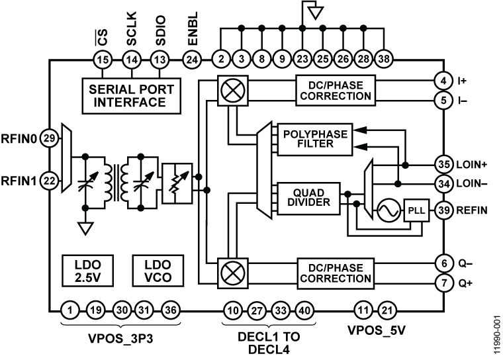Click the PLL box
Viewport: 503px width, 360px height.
[x=416, y=211]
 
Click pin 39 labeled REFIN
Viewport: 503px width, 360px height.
[x=443, y=210]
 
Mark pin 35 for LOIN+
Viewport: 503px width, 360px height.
[x=443, y=164]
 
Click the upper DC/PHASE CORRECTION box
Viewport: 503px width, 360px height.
[x=336, y=90]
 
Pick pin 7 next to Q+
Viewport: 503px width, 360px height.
[x=443, y=284]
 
